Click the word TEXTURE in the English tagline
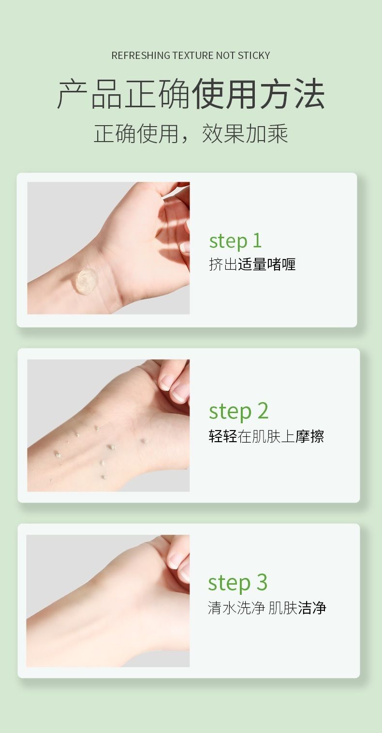pyautogui.click(x=193, y=56)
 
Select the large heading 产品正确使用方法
pyautogui.click(x=191, y=94)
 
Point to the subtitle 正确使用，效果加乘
pyautogui.click(x=191, y=133)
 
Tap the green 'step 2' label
pyautogui.click(x=238, y=411)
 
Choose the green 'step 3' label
pyautogui.click(x=238, y=583)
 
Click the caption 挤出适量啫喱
pyautogui.click(x=252, y=264)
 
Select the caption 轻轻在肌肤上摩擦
pyautogui.click(x=266, y=436)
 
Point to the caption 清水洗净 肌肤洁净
pyautogui.click(x=267, y=608)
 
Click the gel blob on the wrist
pyautogui.click(x=86, y=281)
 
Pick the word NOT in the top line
pyautogui.click(x=225, y=56)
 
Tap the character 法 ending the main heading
pyautogui.click(x=309, y=94)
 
